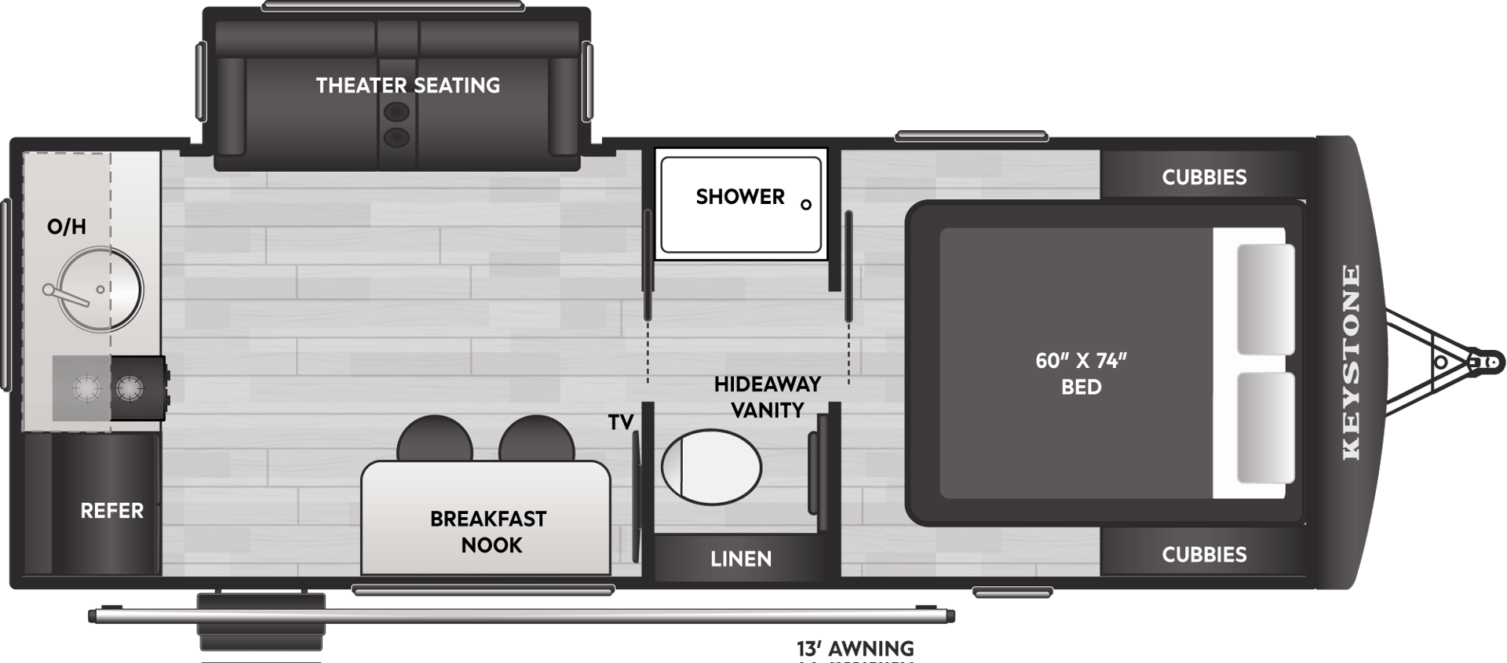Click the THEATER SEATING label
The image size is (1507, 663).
tap(407, 85)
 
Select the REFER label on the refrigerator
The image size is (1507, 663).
tap(112, 511)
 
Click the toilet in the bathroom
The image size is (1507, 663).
tap(711, 468)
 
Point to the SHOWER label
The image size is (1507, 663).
tap(739, 196)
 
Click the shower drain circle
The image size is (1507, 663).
tap(805, 205)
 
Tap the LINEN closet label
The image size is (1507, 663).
tap(740, 559)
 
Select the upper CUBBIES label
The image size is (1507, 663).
tap(1204, 177)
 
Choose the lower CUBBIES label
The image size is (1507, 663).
tap(1204, 555)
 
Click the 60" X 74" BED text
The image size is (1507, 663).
tap(1081, 373)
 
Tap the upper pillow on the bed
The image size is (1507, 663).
tap(1265, 299)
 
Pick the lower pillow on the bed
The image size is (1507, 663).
tap(1265, 428)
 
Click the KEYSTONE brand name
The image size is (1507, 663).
tap(1351, 362)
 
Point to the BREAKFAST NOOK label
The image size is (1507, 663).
tap(488, 531)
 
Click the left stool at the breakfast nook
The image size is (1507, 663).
tap(434, 439)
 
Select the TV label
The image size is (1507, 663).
tap(620, 422)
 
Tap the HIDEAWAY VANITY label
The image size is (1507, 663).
tap(767, 397)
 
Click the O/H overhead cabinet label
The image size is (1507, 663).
tap(67, 228)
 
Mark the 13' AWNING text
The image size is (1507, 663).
tap(855, 649)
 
